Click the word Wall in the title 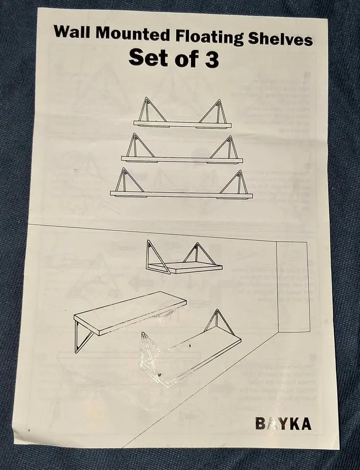72,31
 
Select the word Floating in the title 209,37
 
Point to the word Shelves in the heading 280,39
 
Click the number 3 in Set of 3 212,59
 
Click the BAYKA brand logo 283,423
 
